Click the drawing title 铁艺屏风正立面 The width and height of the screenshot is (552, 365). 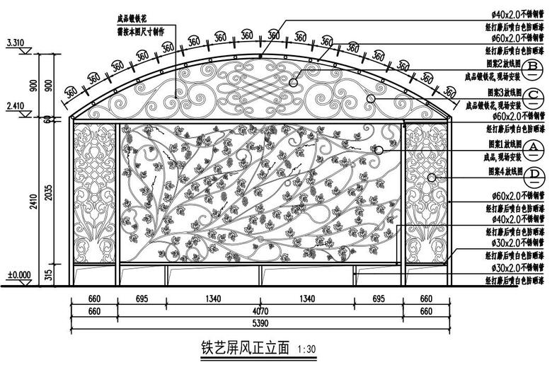pyautogui.click(x=246, y=348)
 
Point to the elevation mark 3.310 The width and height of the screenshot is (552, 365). pyautogui.click(x=15, y=43)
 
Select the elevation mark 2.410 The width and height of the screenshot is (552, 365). pyautogui.click(x=15, y=106)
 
